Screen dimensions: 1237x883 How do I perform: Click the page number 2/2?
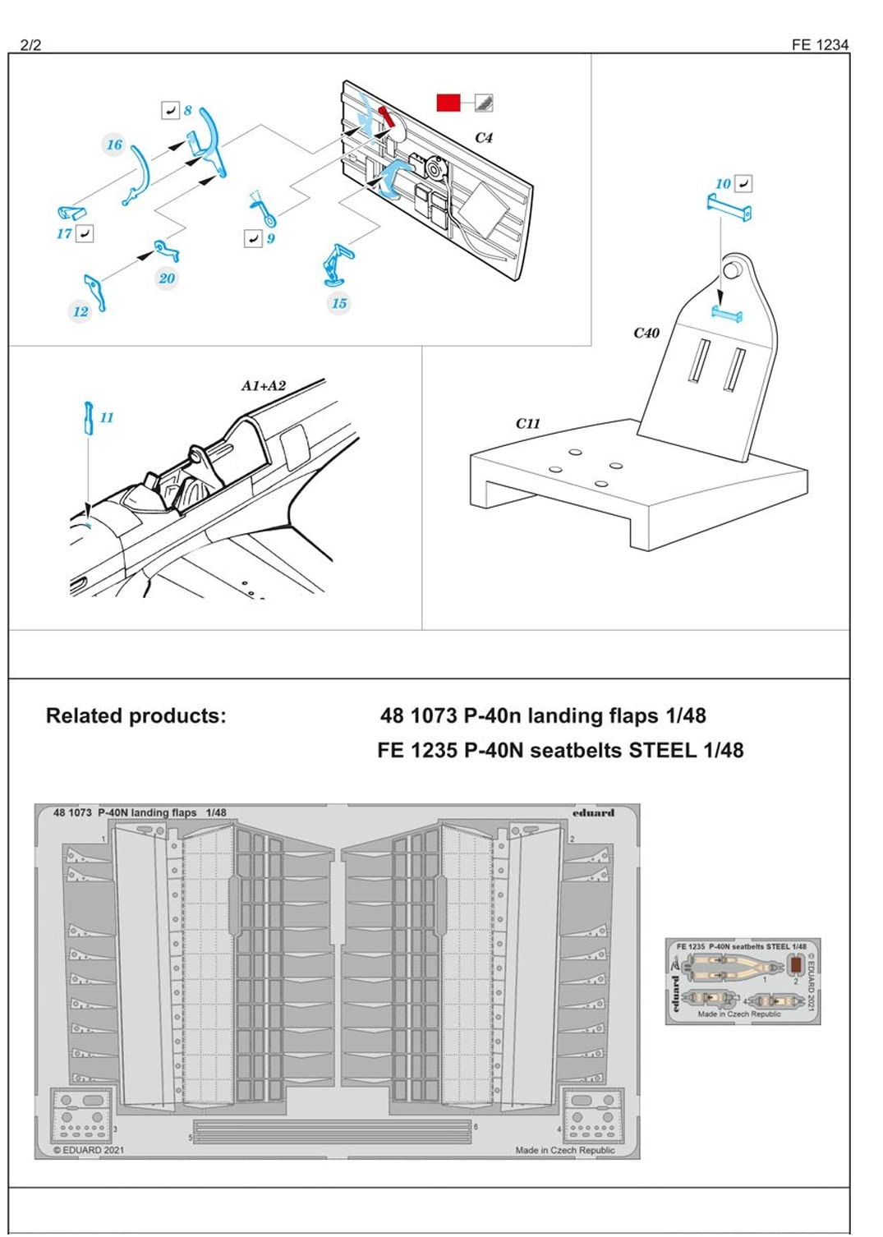tap(30, 45)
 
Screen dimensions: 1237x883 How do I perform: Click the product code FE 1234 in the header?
tap(819, 45)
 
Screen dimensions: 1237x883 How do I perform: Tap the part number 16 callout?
tap(114, 145)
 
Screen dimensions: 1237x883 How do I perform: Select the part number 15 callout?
tap(339, 303)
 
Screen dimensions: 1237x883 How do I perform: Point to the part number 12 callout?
tap(80, 311)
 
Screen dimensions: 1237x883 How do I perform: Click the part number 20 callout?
tap(167, 278)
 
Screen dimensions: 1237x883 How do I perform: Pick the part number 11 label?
tap(107, 417)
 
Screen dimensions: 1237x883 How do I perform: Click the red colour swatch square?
tap(448, 103)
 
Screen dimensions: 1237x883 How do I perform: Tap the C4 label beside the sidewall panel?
tap(484, 138)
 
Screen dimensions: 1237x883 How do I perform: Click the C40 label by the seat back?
tap(646, 333)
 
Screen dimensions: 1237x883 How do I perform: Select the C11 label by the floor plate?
tap(527, 424)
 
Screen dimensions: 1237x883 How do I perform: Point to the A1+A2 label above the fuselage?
tap(263, 385)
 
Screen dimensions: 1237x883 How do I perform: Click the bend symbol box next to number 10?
tap(743, 183)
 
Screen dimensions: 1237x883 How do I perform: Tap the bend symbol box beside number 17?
tap(84, 234)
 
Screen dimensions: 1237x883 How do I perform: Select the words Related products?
tap(136, 715)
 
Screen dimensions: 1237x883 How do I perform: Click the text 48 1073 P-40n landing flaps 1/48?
tap(542, 715)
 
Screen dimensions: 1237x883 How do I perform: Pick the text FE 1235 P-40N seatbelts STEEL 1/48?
tap(560, 750)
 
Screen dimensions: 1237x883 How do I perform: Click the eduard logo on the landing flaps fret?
tap(593, 813)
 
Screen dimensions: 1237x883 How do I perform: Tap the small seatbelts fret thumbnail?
tap(743, 982)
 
